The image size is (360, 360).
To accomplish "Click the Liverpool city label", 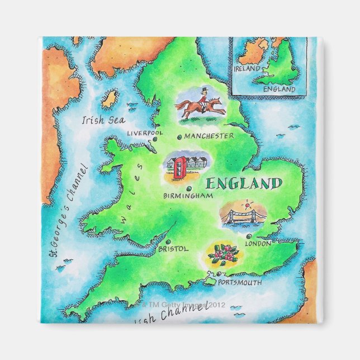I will click(144, 133).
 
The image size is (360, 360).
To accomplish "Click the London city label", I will click(258, 243).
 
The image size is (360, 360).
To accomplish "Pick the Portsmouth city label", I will click(240, 283).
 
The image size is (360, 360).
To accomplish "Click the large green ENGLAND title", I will click(243, 183).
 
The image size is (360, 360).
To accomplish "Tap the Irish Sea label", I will click(103, 120).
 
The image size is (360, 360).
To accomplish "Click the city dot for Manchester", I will click(179, 136).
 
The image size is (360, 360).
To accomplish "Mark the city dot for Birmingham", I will click(191, 188).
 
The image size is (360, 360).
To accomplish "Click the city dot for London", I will click(248, 236).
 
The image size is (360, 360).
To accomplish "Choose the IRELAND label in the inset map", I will click(247, 68).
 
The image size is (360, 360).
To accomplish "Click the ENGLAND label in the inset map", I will click(279, 89).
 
